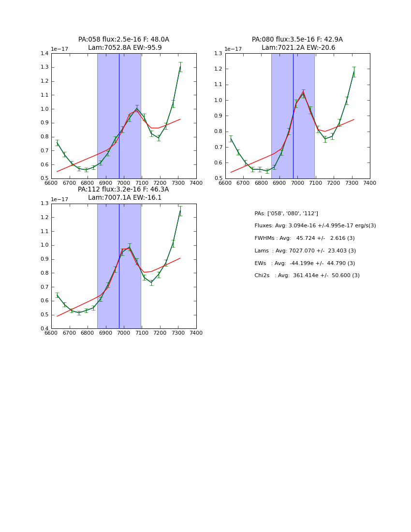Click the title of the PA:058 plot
(x=123, y=44)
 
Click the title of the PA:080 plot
(x=297, y=44)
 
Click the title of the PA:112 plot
(x=123, y=193)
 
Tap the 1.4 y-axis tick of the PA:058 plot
(x=44, y=53)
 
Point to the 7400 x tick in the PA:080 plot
(x=369, y=183)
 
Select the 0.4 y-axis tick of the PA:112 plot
(x=44, y=328)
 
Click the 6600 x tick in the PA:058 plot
(x=51, y=183)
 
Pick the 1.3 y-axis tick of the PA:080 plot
(x=219, y=53)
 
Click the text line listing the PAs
(x=286, y=213)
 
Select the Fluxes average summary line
(x=315, y=226)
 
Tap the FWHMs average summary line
(x=304, y=238)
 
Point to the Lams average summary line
(x=305, y=251)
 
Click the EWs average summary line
(x=305, y=263)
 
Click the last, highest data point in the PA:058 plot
(x=180, y=67)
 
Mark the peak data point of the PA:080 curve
(x=303, y=93)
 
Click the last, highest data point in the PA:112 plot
(x=180, y=210)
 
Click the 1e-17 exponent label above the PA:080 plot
(x=234, y=49)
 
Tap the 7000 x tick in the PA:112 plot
(x=124, y=333)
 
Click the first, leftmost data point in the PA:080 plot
(x=231, y=139)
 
